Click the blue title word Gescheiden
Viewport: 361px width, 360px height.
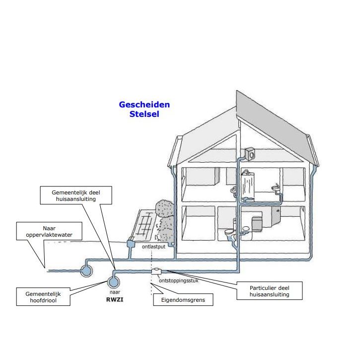pyautogui.click(x=144, y=105)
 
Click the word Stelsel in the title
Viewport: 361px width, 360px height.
pyautogui.click(x=144, y=114)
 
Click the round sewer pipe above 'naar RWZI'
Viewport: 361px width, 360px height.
pyautogui.click(x=114, y=281)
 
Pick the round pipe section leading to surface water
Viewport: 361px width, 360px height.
pyautogui.click(x=86, y=270)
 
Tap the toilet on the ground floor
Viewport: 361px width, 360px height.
pyautogui.click(x=228, y=233)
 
